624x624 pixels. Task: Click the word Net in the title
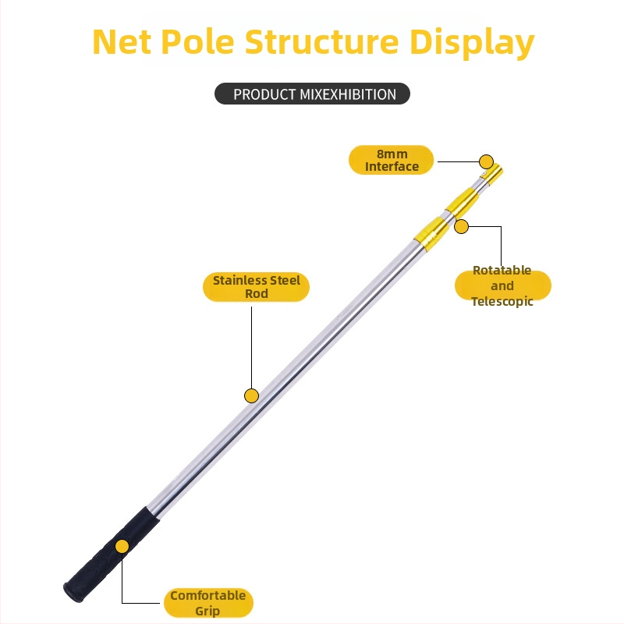pos(122,41)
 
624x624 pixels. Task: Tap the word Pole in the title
pos(198,41)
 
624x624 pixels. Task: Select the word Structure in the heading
pos(321,41)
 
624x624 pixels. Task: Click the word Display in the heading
pos(472,43)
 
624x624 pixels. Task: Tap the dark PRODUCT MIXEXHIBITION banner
pos(313,94)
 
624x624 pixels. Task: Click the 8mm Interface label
pos(392,160)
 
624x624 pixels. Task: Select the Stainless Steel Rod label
pos(257,287)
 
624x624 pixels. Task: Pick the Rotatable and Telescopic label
pos(502,285)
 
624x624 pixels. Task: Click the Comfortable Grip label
pos(208,603)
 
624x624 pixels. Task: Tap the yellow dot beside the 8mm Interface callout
pos(486,161)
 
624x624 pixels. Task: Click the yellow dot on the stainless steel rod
pos(251,395)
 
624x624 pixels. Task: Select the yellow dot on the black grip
pos(122,547)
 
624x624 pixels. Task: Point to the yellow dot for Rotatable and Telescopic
pos(461,226)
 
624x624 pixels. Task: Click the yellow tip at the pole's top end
pos(493,175)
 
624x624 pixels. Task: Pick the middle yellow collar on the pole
pos(462,203)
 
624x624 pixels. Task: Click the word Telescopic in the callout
pos(502,301)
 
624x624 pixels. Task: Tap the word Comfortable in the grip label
pos(208,595)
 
